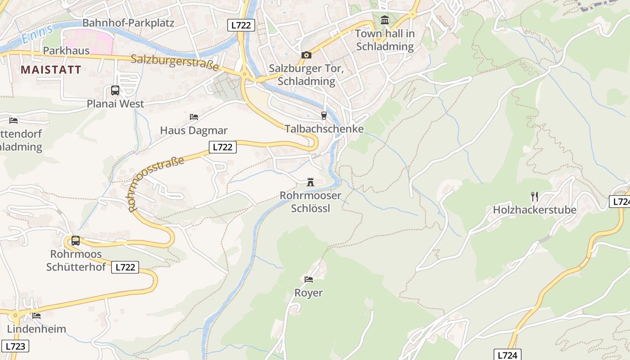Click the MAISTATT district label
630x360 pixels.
[x=51, y=70]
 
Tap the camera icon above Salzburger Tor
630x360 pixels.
[x=306, y=55]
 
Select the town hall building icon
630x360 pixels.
[x=385, y=20]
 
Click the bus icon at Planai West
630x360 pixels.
[x=115, y=90]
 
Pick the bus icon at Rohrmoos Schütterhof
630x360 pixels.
[x=76, y=241]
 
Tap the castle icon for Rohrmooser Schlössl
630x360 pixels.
[x=310, y=182]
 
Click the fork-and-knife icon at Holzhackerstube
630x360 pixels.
[x=535, y=197]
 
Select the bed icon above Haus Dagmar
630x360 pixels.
[x=194, y=117]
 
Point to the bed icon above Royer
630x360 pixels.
[x=309, y=279]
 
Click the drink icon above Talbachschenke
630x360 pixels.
[x=324, y=116]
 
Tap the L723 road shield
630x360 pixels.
[x=15, y=346]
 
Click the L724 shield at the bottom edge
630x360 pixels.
[x=508, y=355]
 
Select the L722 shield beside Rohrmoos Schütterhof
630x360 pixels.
[x=125, y=267]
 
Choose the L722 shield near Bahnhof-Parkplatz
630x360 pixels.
[x=241, y=25]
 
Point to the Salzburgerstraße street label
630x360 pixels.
[x=175, y=63]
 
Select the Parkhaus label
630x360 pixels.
[x=66, y=51]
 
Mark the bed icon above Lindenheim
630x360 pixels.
[x=36, y=315]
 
